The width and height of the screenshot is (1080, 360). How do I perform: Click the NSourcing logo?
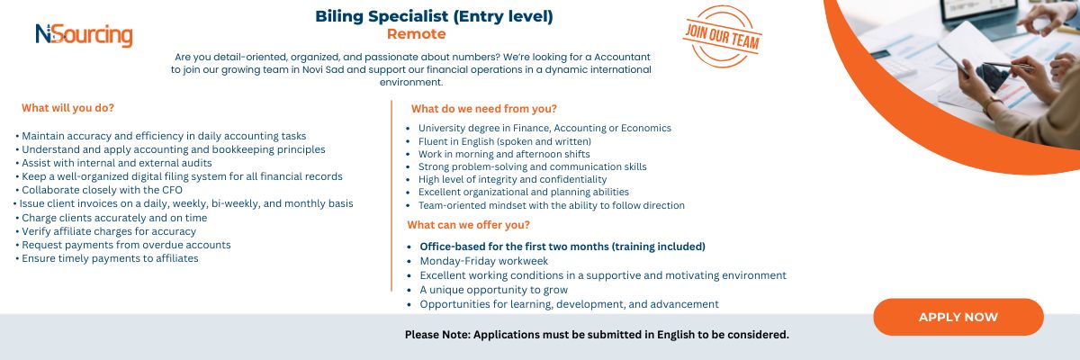(x=84, y=36)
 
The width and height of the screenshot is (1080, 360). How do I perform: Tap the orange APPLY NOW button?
(x=958, y=317)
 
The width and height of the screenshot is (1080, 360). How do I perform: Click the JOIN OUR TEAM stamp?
(x=722, y=37)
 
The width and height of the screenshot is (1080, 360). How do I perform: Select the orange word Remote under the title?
(x=416, y=34)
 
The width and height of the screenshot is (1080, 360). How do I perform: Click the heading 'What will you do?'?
(x=68, y=108)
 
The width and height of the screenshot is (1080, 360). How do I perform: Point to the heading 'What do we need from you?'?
(x=483, y=109)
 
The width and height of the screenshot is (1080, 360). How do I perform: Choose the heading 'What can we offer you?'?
(x=468, y=225)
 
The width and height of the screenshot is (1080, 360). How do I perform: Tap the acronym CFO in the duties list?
(x=172, y=190)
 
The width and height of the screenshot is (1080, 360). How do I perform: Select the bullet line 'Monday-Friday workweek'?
(x=483, y=261)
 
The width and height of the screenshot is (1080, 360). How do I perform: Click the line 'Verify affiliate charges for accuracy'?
(x=109, y=232)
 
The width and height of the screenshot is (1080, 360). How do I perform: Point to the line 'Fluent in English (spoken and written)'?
(x=504, y=141)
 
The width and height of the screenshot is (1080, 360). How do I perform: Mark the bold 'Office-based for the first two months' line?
(x=562, y=247)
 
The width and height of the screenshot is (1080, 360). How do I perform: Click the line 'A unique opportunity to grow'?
(x=494, y=290)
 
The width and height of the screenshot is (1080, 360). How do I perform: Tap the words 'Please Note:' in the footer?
(x=437, y=335)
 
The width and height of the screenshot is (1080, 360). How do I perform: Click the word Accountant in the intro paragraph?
(x=622, y=57)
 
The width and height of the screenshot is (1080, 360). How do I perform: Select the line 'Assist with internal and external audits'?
(x=117, y=163)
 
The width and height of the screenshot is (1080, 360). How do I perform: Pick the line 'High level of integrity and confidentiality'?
(x=512, y=179)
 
